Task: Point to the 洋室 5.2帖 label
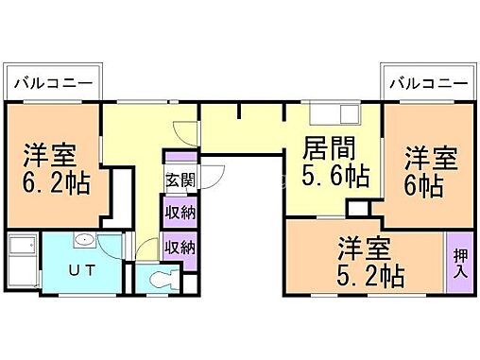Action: [x=371, y=263]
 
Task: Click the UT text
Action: [x=78, y=270]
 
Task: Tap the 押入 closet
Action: [x=459, y=262]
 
